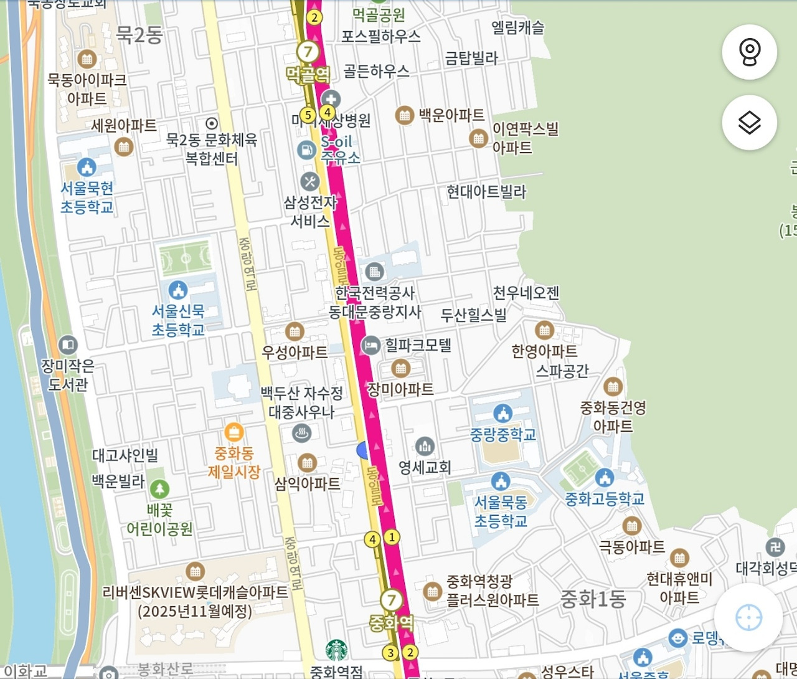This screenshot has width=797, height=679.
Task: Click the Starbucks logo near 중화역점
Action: [337, 651]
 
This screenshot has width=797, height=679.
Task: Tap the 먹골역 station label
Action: [308, 75]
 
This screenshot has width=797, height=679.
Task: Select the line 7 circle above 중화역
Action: [391, 600]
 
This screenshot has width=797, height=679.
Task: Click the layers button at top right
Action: [749, 123]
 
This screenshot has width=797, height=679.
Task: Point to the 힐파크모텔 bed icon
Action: [370, 346]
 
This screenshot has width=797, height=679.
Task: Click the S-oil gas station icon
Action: [306, 150]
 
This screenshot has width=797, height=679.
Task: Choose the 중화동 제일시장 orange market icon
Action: [233, 432]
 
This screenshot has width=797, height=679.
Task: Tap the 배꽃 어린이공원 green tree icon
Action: [159, 489]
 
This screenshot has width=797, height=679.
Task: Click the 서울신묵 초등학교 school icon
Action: [178, 290]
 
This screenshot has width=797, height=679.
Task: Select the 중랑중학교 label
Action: [502, 434]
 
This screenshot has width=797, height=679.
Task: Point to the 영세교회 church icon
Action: [425, 446]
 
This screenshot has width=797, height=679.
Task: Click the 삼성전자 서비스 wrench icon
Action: [309, 182]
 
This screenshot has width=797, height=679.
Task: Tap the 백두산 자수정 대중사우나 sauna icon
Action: [302, 432]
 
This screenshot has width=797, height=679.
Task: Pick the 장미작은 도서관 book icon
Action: [68, 344]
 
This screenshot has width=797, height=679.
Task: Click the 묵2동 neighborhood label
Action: [139, 35]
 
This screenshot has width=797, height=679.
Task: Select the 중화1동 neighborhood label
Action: [593, 599]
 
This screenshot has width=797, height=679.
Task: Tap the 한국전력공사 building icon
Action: [374, 272]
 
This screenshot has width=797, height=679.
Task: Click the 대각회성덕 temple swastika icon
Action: [775, 548]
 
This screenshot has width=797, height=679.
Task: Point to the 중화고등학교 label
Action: [604, 499]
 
